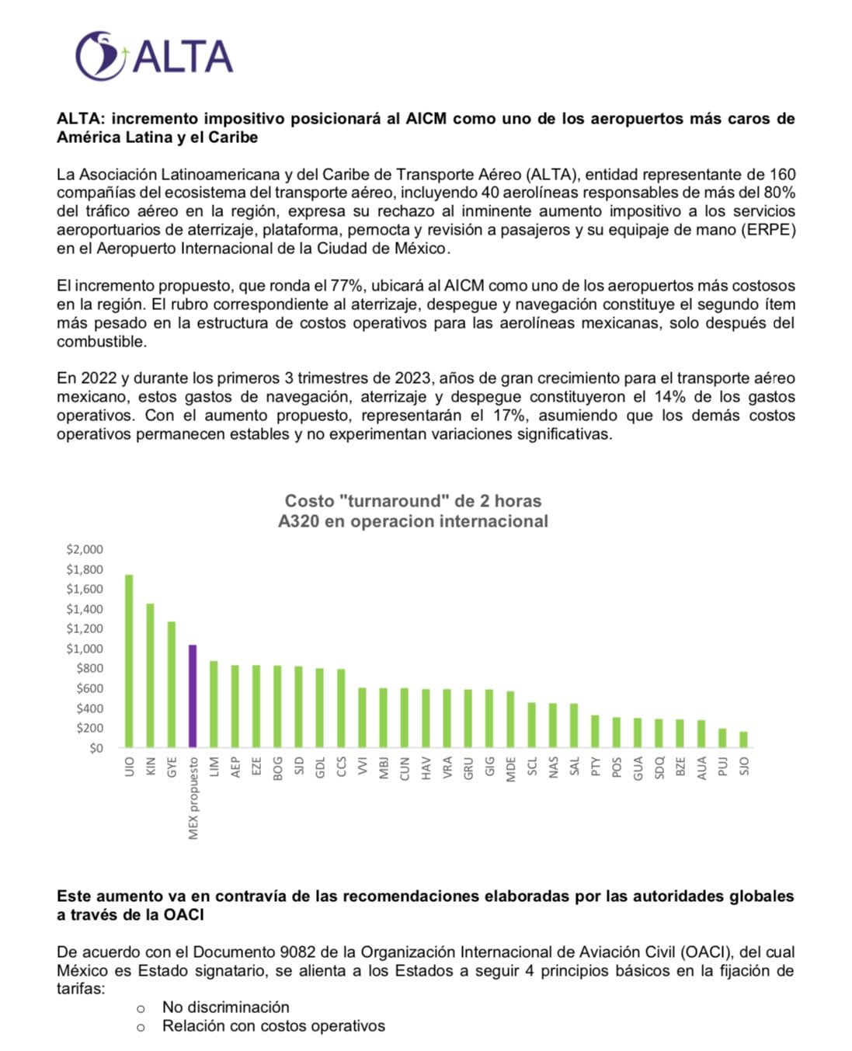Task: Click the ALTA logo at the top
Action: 154,56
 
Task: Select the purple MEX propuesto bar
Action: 193,696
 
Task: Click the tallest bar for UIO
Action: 129,661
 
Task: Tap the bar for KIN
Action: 150,675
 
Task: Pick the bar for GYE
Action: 172,684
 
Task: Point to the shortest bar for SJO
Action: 743,740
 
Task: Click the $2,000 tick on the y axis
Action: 85,549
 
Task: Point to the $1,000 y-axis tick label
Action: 85,649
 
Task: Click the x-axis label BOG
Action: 277,767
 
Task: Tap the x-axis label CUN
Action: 404,767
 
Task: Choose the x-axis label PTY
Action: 595,767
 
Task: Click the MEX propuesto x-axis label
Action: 193,799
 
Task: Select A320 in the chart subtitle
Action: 298,521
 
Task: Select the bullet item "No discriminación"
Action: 225,1007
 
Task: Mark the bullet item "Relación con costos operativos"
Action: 273,1026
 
